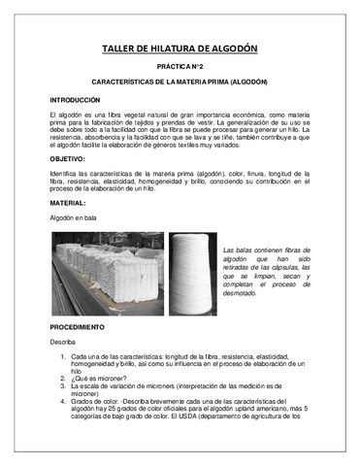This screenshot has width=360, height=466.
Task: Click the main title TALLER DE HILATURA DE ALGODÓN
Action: click(x=180, y=50)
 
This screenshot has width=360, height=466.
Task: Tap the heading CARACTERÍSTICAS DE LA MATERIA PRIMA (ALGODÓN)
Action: click(x=180, y=83)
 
